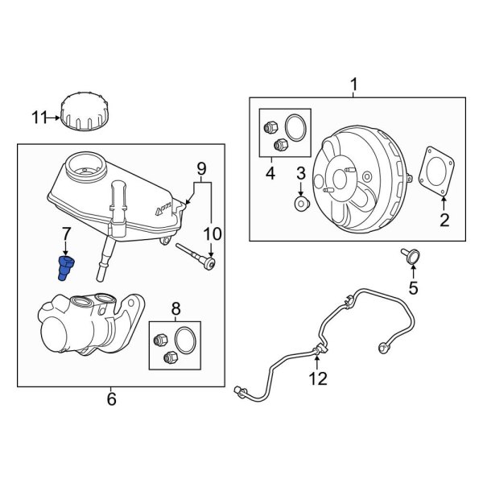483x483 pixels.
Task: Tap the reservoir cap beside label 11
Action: (x=84, y=111)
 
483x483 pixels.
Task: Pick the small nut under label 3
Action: (x=299, y=205)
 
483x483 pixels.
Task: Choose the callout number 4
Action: (x=270, y=172)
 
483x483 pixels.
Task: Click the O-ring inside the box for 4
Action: (x=295, y=129)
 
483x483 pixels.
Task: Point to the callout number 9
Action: (x=200, y=168)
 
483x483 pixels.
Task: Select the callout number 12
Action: (x=319, y=378)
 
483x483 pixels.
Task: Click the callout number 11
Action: (x=40, y=118)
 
